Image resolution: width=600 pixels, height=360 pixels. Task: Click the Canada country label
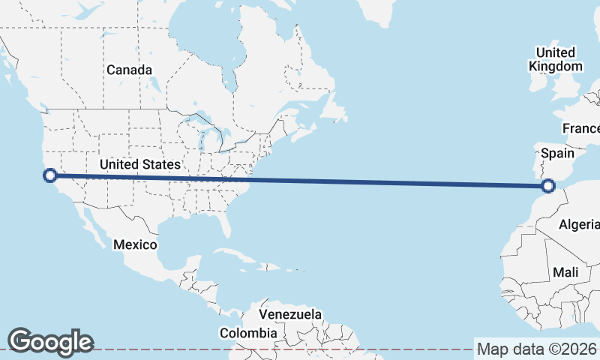coord(129,70)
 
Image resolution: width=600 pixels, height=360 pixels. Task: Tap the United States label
coord(140,164)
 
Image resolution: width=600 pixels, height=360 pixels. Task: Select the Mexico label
coord(135,244)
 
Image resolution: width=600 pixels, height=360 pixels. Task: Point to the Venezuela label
coord(290,313)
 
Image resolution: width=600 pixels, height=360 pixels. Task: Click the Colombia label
coord(248,333)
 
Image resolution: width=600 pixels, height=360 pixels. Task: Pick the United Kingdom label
coord(555,59)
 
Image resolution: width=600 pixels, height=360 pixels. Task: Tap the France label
coord(582,128)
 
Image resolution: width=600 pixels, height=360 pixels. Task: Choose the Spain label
coord(557,153)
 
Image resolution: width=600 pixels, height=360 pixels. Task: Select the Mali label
coord(565,273)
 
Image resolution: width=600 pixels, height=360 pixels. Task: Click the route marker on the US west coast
coord(50,175)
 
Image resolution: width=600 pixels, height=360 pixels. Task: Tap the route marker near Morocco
coord(549,185)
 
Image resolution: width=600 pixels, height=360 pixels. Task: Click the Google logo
coord(50,342)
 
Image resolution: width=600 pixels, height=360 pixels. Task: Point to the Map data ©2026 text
coord(536,349)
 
